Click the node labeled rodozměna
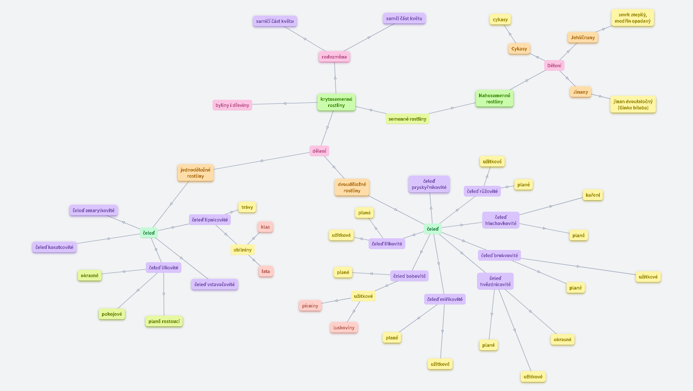tap(334, 57)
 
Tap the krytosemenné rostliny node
tap(336, 102)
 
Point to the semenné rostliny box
tap(407, 119)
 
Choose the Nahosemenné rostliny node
tap(494, 98)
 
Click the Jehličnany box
tap(582, 37)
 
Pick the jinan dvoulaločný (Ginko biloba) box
tap(633, 104)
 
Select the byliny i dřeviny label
tap(232, 105)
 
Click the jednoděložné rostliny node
tap(196, 173)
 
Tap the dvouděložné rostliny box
tap(352, 187)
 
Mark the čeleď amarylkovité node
tap(94, 210)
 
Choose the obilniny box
tap(242, 249)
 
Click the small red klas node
tap(265, 227)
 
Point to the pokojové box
tap(112, 314)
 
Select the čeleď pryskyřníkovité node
tap(429, 184)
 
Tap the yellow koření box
tap(593, 195)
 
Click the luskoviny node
tap(344, 327)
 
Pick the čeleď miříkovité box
tap(445, 299)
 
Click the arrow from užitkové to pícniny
tap(336, 301)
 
